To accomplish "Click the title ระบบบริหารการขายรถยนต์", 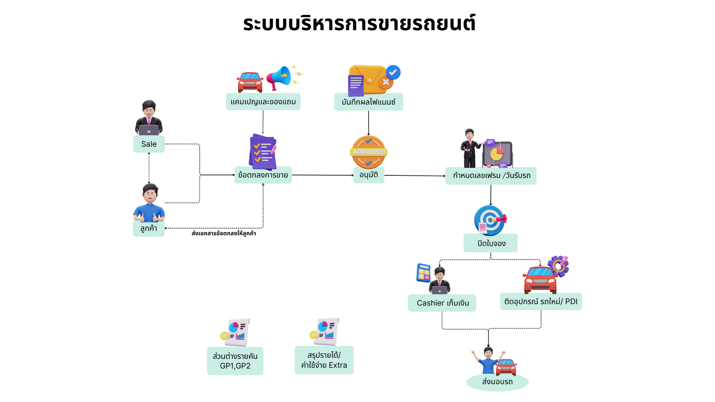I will coord(359,24).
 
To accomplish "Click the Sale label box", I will coord(149,144).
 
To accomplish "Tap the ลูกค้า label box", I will coord(149,228).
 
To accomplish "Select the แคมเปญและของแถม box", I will coord(263,102).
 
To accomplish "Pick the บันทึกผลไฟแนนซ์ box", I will coord(368,102).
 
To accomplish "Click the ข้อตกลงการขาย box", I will coord(263,175).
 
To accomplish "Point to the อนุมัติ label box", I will coord(369,175).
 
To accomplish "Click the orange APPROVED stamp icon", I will coord(369,152).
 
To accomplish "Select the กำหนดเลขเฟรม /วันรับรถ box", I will coord(491,176).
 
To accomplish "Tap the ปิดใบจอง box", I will coord(490,243).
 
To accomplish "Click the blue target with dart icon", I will coord(490,220).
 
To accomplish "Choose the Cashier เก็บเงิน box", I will coord(442,303).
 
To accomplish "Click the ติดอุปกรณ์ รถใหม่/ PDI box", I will coord(541,301).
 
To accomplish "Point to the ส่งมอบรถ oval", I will coord(497,382).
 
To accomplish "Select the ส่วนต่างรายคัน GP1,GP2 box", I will coord(235,361).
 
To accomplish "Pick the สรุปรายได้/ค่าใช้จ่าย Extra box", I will coord(324,360).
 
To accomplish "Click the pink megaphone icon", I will coord(279,77).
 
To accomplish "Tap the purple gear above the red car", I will coord(558,266).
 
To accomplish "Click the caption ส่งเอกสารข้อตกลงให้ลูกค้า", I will coord(223,234).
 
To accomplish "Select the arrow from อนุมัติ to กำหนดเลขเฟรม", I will coord(415,175).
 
